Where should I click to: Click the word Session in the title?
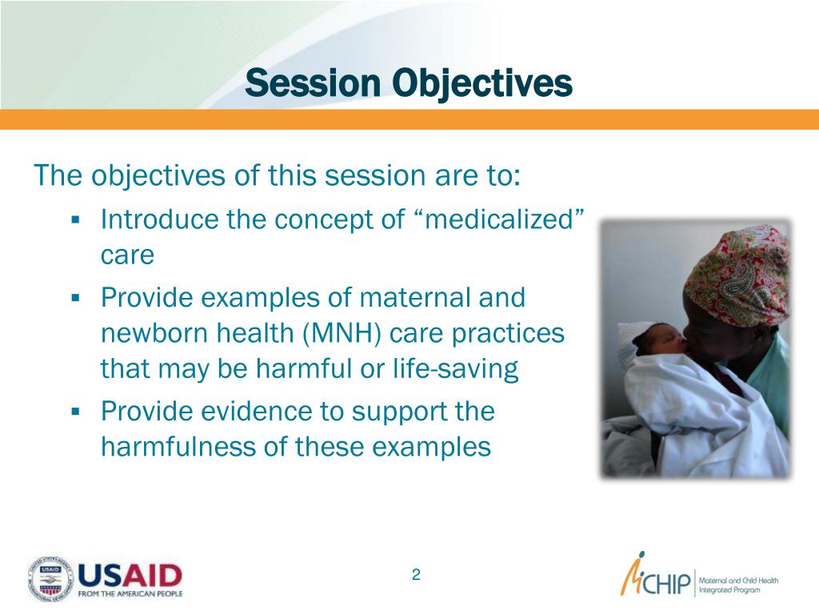(313, 82)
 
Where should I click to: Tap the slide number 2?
(416, 575)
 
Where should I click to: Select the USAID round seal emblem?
(50, 578)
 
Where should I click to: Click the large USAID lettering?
(130, 576)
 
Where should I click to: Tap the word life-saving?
(455, 369)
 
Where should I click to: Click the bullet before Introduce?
(76, 219)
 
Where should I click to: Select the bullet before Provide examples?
(76, 298)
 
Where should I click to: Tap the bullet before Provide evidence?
(76, 412)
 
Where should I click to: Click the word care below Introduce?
(127, 255)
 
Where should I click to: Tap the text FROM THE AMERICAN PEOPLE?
(130, 594)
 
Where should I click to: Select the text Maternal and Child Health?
(738, 581)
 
